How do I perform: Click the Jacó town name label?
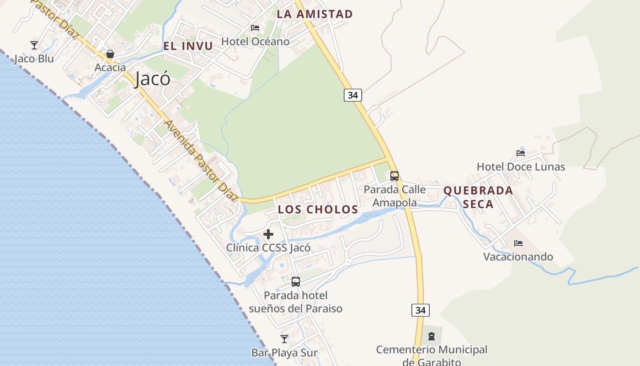pyautogui.click(x=153, y=79)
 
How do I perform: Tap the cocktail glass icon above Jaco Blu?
pyautogui.click(x=34, y=45)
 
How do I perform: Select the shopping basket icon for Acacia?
pyautogui.click(x=110, y=54)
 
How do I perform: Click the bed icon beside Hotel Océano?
pyautogui.click(x=255, y=28)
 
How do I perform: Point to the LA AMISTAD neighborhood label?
pyautogui.click(x=315, y=14)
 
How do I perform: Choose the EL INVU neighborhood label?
pyautogui.click(x=188, y=46)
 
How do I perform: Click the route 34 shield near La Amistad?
pyautogui.click(x=352, y=95)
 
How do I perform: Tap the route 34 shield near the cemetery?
pyautogui.click(x=421, y=310)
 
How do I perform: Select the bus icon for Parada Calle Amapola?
pyautogui.click(x=395, y=176)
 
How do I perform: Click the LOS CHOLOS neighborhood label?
pyautogui.click(x=318, y=210)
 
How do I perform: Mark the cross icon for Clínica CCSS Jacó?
pyautogui.click(x=268, y=235)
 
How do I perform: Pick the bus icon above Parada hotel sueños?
pyautogui.click(x=296, y=281)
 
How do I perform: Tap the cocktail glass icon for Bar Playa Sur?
pyautogui.click(x=284, y=339)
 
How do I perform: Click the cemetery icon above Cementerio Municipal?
pyautogui.click(x=431, y=337)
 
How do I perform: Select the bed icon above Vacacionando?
pyautogui.click(x=518, y=243)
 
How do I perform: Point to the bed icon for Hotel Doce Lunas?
pyautogui.click(x=521, y=153)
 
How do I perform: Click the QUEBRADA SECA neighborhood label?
pyautogui.click(x=478, y=197)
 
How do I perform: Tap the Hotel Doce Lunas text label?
pyautogui.click(x=521, y=167)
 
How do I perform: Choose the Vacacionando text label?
pyautogui.click(x=518, y=257)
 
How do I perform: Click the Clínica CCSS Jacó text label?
pyautogui.click(x=268, y=248)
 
